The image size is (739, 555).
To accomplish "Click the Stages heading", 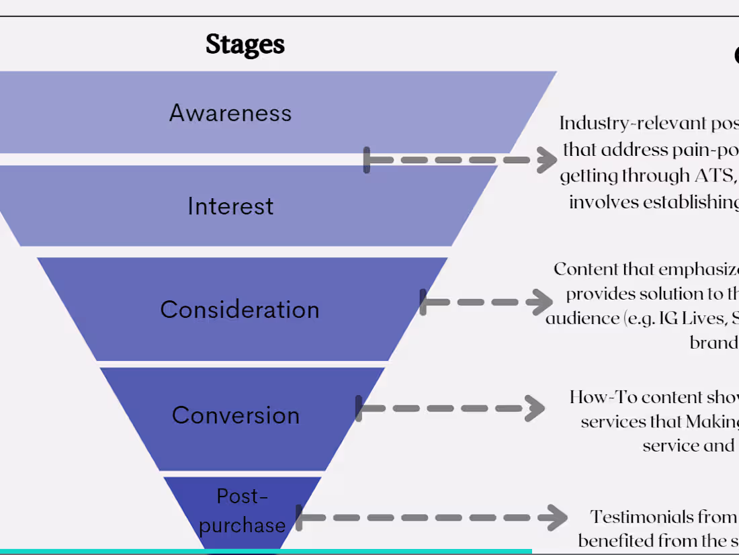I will [x=245, y=44].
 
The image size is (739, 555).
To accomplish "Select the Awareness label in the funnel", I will [x=230, y=113].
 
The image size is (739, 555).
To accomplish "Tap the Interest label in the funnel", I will [x=230, y=206].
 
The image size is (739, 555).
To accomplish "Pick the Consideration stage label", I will [x=240, y=310].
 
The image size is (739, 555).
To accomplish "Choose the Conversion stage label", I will [x=236, y=415].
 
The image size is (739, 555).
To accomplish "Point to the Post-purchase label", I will [x=242, y=511].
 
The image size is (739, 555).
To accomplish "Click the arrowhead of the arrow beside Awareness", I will [x=546, y=160].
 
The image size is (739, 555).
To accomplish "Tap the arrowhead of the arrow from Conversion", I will [x=535, y=408].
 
